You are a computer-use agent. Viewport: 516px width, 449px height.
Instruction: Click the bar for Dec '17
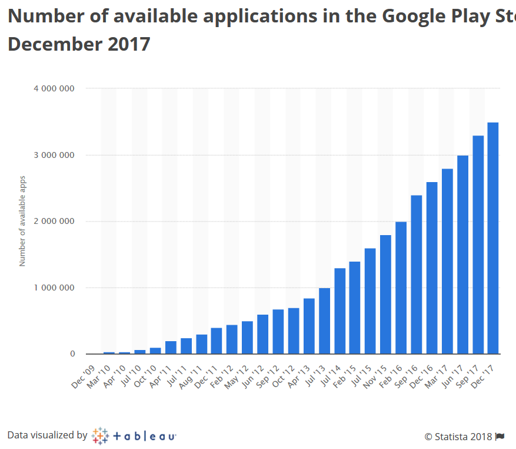click(493, 238)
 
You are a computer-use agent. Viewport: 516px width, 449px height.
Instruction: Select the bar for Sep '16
click(417, 275)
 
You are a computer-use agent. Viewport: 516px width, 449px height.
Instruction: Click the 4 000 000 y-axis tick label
click(54, 88)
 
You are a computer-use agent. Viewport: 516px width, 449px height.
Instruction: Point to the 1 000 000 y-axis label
click(54, 288)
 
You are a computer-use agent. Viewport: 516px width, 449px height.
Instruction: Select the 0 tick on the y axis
click(72, 354)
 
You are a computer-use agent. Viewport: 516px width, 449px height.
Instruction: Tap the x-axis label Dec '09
click(84, 376)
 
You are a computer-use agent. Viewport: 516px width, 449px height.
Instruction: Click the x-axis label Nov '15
click(377, 376)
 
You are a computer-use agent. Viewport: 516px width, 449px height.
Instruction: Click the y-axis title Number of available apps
click(22, 221)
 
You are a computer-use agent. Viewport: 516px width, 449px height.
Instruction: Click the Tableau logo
click(134, 436)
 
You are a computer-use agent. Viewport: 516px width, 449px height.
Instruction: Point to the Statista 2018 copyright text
click(458, 437)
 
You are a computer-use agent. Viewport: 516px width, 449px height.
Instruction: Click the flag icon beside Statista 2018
click(500, 437)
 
